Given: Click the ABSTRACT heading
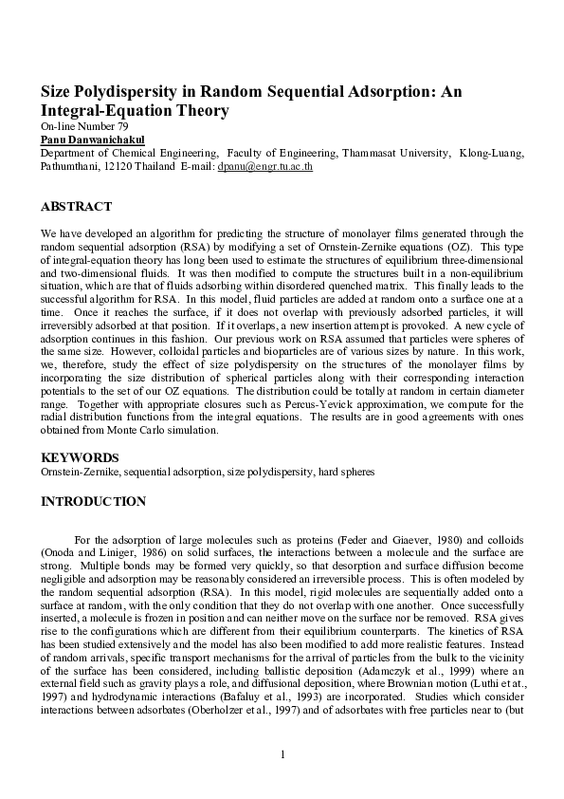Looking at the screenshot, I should pyautogui.click(x=76, y=206).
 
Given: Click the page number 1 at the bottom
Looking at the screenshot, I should pyautogui.click(x=282, y=754).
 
